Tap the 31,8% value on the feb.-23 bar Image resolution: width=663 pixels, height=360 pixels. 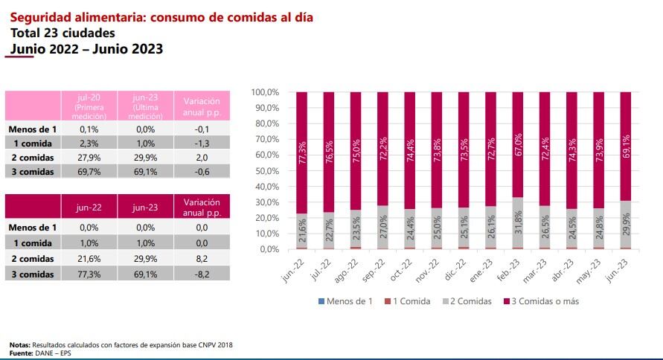(x=517, y=222)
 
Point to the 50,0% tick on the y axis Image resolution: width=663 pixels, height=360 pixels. (x=265, y=170)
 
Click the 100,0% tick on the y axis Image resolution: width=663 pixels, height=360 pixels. (x=265, y=92)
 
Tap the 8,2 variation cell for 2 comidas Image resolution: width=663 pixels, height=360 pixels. (x=202, y=259)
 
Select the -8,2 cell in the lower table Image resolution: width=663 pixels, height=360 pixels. (x=202, y=274)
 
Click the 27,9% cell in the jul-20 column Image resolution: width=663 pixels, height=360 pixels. (x=89, y=158)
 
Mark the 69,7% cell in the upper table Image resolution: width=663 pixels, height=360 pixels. (x=89, y=173)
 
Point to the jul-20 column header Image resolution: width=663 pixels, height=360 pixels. (x=89, y=97)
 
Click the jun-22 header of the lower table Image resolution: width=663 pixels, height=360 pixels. (x=89, y=208)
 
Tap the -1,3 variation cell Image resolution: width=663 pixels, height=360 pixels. (x=202, y=143)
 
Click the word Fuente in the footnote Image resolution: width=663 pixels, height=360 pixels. (x=22, y=351)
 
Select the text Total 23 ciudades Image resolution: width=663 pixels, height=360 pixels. (x=63, y=33)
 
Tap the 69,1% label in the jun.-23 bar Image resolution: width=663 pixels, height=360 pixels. (x=626, y=148)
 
